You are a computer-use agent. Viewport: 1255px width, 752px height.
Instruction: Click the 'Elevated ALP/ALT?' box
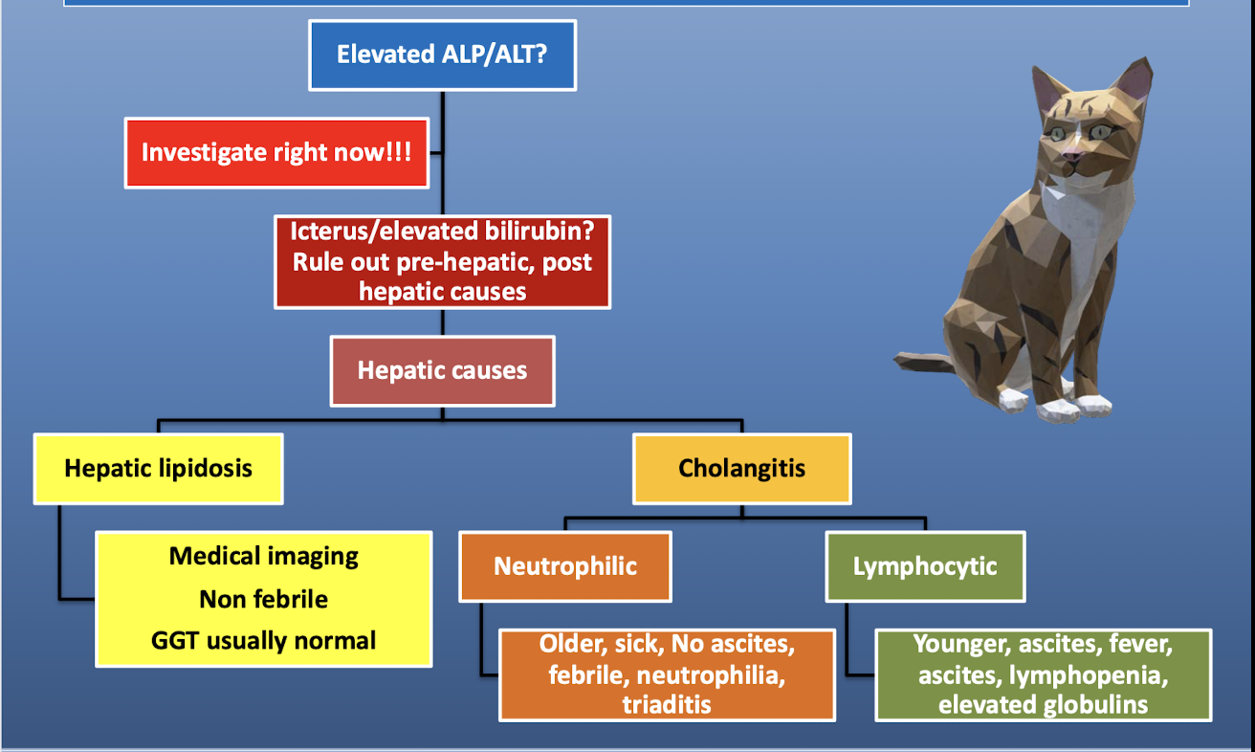coord(442,55)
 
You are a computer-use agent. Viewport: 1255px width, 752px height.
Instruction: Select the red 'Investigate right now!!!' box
coord(276,153)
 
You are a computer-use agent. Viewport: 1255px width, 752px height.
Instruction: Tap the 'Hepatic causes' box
coord(442,370)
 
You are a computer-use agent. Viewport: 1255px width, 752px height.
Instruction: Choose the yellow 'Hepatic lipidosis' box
coord(159,469)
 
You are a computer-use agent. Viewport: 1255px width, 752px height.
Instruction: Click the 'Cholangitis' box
coord(741,469)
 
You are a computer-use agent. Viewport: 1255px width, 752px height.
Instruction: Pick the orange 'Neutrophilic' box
coord(565,566)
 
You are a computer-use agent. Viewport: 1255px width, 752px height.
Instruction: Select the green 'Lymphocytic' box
coord(925,566)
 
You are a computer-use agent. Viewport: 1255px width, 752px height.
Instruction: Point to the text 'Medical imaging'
coord(264,556)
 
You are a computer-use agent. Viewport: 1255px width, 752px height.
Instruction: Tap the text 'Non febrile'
coord(264,599)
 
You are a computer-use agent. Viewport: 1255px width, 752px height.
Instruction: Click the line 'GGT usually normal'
coord(264,640)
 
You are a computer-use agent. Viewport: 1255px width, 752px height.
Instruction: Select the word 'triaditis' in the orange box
coord(667,704)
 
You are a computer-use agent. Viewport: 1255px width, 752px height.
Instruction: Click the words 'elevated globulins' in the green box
coord(1043,705)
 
